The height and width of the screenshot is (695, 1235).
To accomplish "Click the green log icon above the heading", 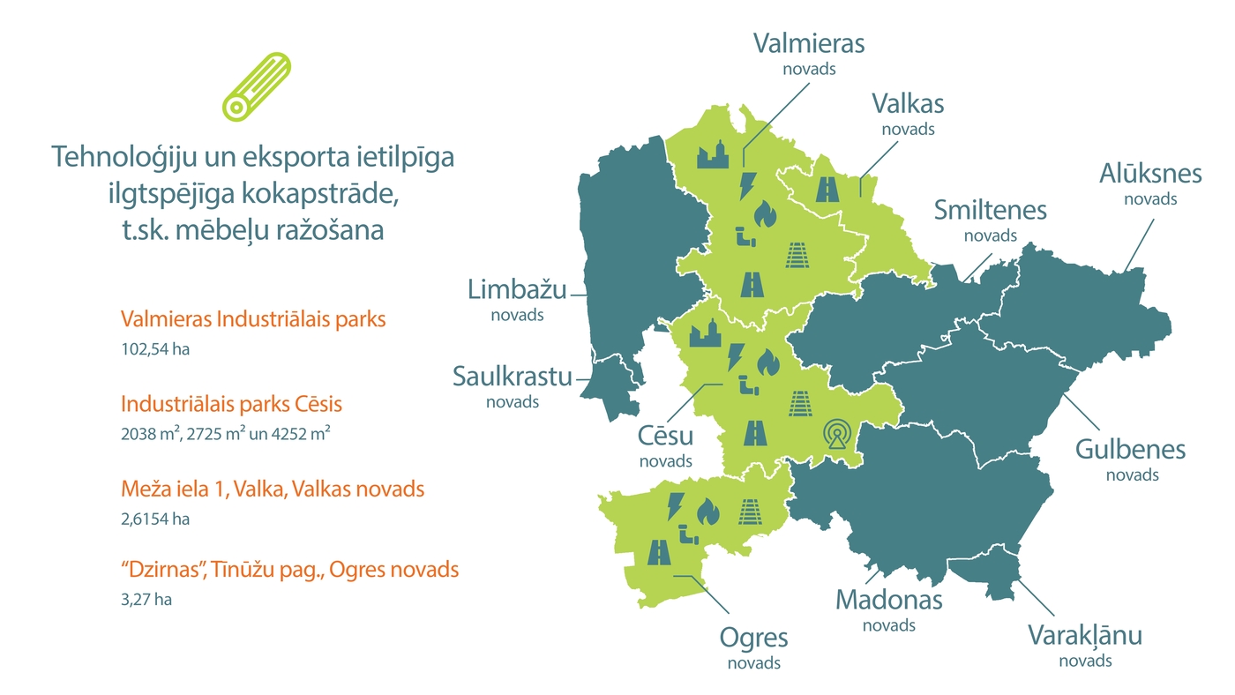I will click(x=256, y=86).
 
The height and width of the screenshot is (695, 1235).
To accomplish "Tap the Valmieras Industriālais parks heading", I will click(x=253, y=319).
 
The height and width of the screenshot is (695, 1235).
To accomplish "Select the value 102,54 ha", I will click(x=155, y=348).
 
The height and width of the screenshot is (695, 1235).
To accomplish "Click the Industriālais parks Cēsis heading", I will click(x=231, y=404).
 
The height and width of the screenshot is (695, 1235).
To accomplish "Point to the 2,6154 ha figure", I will click(x=155, y=519).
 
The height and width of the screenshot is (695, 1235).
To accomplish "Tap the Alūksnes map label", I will click(x=1149, y=175).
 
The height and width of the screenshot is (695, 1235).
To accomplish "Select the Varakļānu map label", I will click(x=1085, y=636).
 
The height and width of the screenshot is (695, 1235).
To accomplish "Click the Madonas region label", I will click(x=888, y=601).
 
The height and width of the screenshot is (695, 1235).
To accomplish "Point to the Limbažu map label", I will click(x=517, y=289).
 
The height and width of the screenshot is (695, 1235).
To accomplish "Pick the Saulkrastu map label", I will click(x=513, y=377).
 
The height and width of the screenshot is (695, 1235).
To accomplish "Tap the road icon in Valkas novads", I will click(x=828, y=189).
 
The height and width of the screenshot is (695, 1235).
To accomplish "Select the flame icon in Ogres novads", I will click(x=707, y=511).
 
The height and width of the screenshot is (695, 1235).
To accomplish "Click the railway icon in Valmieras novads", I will click(x=798, y=255).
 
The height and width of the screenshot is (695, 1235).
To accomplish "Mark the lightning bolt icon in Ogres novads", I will click(x=676, y=505).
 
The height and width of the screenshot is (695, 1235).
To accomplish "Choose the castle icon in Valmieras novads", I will click(x=713, y=155).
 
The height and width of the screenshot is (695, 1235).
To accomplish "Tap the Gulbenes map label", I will click(x=1130, y=450).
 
